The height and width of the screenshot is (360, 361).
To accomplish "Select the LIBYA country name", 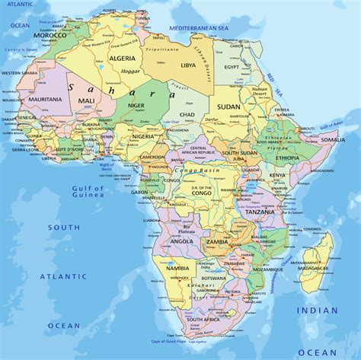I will [x=187, y=65].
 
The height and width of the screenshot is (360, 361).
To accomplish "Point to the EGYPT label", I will [x=231, y=67].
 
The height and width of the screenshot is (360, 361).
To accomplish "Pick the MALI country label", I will [x=87, y=100].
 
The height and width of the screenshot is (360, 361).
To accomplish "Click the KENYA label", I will [x=277, y=175].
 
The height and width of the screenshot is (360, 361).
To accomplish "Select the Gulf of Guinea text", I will [x=88, y=192].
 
